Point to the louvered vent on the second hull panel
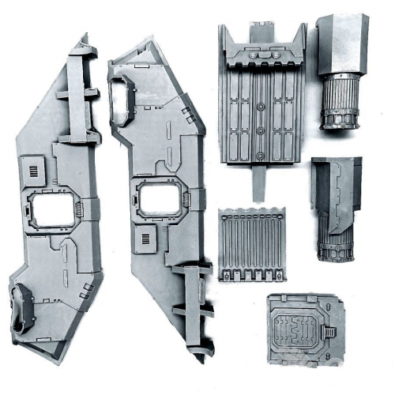(145, 239)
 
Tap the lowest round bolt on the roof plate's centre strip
(261, 131)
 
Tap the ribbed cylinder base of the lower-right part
(335, 241)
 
